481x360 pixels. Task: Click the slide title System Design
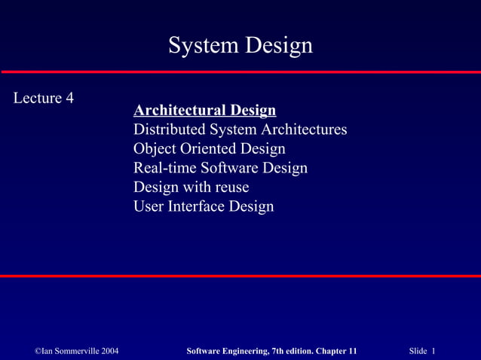pyautogui.click(x=240, y=46)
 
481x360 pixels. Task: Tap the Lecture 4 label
pyautogui.click(x=44, y=98)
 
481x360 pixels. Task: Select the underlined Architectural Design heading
pyautogui.click(x=204, y=111)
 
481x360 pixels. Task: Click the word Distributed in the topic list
pyautogui.click(x=167, y=130)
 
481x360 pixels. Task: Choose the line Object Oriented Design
pyautogui.click(x=209, y=148)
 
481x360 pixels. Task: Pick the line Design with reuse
pyautogui.click(x=191, y=187)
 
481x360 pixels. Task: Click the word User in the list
pyautogui.click(x=149, y=206)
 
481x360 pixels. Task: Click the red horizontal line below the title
pyautogui.click(x=240, y=72)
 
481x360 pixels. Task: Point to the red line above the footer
pyautogui.click(x=240, y=276)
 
